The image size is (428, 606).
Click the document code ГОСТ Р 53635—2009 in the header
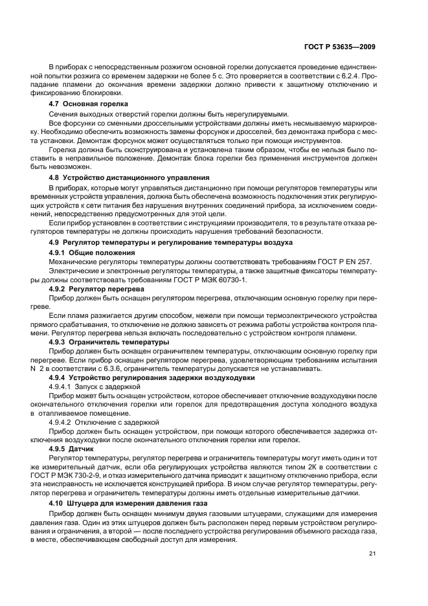(341, 47)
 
